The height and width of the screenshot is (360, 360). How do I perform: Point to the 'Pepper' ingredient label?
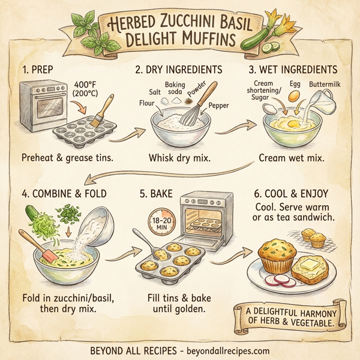coord(219,106)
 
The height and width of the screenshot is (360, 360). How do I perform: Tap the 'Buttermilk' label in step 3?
coord(327,85)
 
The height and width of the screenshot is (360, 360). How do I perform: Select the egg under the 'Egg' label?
coord(294,96)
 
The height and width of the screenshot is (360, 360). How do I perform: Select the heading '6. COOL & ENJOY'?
coord(293,194)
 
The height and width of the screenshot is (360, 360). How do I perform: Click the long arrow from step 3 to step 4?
coord(180,174)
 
